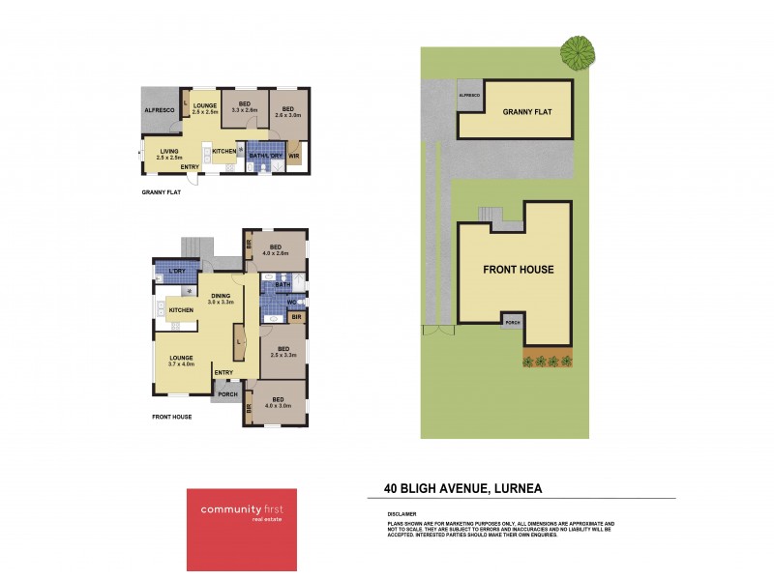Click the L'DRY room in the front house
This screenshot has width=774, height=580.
[x=178, y=271]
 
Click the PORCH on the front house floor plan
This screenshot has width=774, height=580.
[x=227, y=393]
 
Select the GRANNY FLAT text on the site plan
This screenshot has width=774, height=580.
[x=526, y=112]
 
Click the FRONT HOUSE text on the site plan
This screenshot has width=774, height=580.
[x=518, y=270]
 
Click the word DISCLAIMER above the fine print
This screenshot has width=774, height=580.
[x=402, y=514]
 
